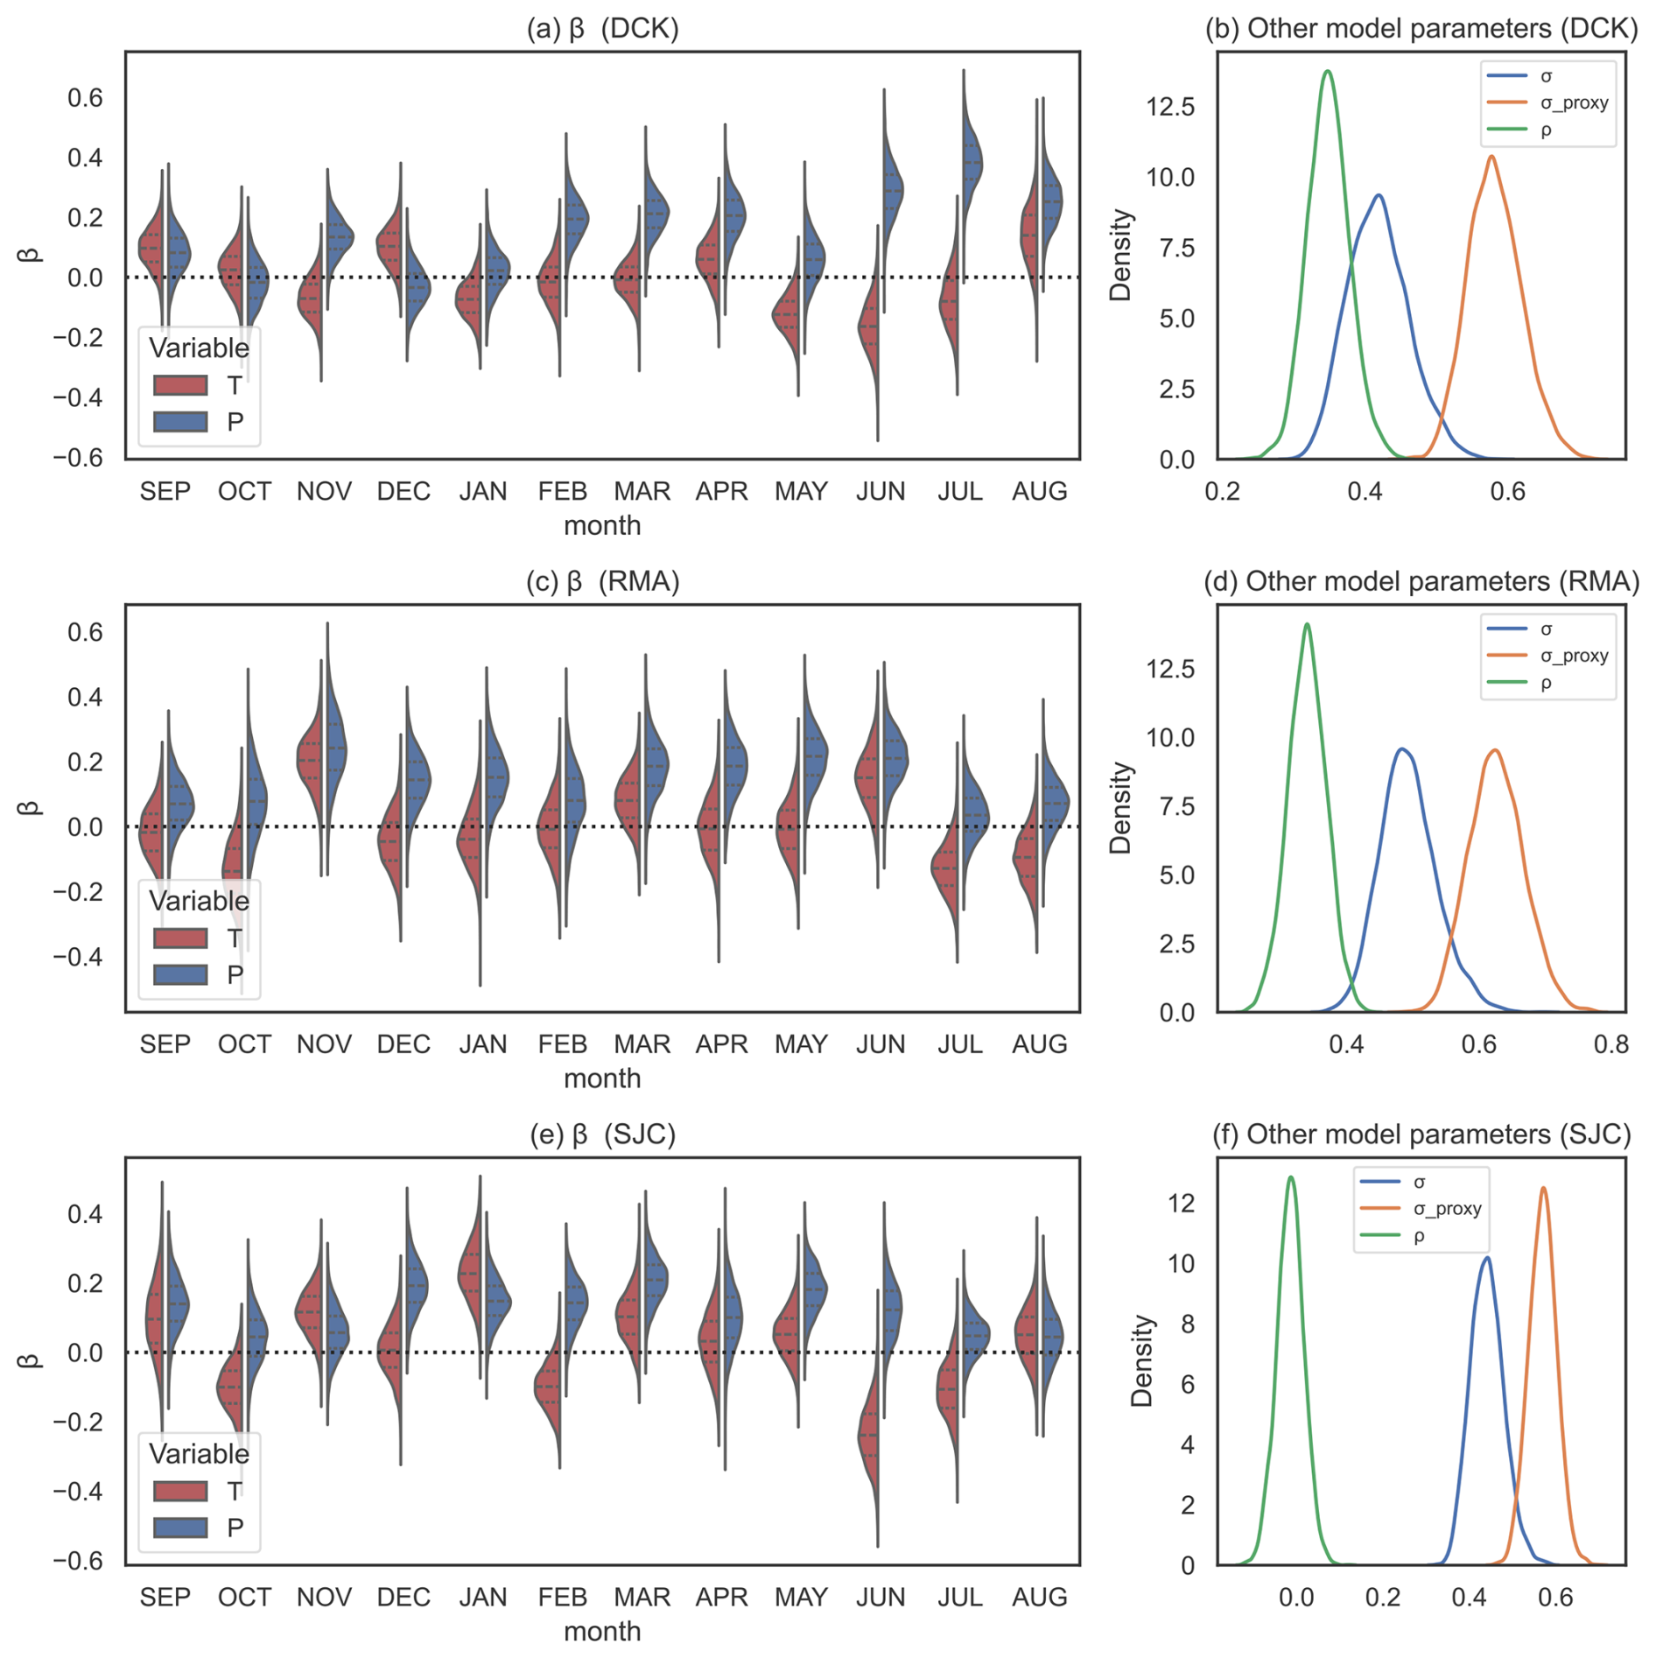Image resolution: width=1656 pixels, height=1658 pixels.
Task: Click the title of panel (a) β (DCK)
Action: click(602, 29)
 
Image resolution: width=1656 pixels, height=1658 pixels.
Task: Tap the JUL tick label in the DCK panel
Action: click(959, 491)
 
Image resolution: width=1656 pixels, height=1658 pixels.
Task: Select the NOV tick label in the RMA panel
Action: click(324, 1043)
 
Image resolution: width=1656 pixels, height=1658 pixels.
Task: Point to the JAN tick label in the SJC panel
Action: click(482, 1597)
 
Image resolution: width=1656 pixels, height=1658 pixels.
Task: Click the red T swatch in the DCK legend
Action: click(180, 385)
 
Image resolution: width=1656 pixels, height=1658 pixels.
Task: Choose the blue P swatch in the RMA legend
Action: click(180, 974)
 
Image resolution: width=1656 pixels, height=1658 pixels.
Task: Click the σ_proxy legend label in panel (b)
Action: click(1574, 103)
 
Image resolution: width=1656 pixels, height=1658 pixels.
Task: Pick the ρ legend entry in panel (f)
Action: click(1419, 1236)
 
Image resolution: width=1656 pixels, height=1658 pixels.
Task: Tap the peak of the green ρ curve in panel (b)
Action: click(1328, 72)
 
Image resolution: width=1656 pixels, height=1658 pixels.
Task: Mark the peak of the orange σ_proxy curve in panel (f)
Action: click(1543, 1188)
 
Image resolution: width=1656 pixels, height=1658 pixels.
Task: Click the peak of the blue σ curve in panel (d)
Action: click(1402, 749)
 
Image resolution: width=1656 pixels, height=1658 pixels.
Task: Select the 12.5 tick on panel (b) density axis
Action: click(1170, 107)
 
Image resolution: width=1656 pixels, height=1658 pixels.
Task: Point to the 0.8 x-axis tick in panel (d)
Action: click(1610, 1043)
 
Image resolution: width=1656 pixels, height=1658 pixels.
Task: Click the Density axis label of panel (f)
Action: click(1141, 1361)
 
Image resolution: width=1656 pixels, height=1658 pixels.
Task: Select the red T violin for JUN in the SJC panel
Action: click(868, 1436)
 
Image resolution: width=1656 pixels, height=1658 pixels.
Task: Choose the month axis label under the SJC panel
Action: click(602, 1631)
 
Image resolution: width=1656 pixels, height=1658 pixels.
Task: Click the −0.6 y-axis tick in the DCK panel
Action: click(78, 458)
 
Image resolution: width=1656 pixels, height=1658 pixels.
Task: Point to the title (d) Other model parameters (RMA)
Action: click(1421, 581)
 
